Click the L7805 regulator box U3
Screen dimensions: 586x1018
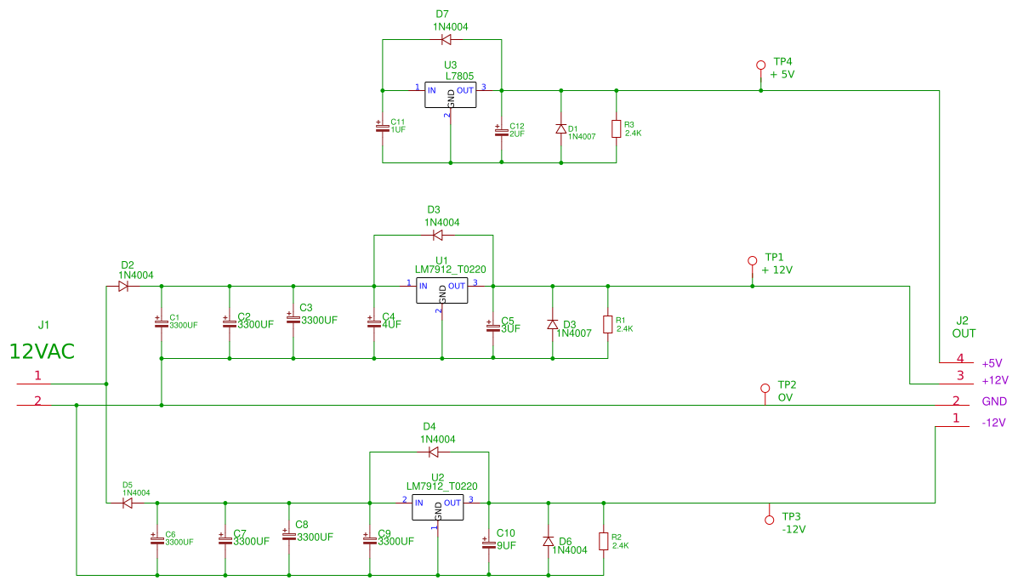click(x=450, y=95)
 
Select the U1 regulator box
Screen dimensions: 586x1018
click(x=441, y=291)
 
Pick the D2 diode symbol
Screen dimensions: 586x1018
click(x=124, y=287)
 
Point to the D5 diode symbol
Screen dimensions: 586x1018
click(x=127, y=503)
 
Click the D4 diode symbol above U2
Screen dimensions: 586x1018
click(x=433, y=452)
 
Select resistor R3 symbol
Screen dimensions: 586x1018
click(x=616, y=129)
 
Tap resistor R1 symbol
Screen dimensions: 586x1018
click(x=607, y=324)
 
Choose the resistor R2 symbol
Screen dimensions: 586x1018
click(x=603, y=541)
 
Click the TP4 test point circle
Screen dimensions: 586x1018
click(x=761, y=65)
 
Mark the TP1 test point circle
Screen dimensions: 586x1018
click(x=752, y=260)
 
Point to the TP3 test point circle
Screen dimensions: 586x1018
click(x=769, y=519)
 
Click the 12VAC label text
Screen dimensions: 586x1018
click(x=43, y=350)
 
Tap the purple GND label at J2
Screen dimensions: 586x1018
click(x=994, y=401)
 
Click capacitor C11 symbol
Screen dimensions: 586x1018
click(x=382, y=127)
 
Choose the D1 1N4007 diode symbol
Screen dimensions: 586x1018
click(x=560, y=128)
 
